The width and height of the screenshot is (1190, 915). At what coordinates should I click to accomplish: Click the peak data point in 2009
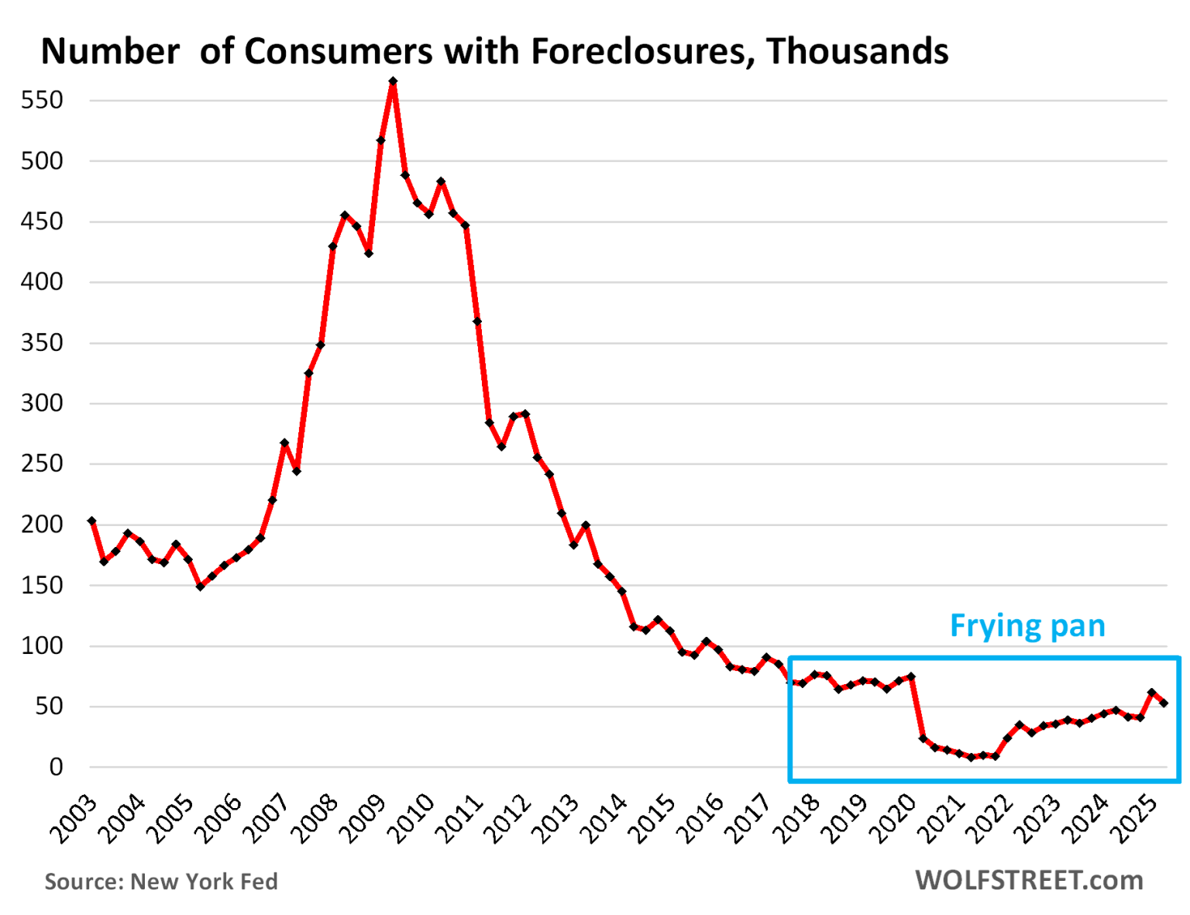coord(393,81)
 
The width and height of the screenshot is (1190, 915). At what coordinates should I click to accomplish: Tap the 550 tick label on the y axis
coord(42,100)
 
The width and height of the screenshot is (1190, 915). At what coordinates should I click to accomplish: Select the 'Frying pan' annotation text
coord(1027,626)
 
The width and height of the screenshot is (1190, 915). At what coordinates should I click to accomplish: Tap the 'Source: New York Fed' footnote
coord(161,882)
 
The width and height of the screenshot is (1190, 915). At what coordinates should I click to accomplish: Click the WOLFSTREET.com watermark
coord(1029,880)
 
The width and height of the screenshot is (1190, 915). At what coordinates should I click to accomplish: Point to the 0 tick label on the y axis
coord(56,767)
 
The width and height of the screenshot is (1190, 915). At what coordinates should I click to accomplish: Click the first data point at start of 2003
coord(91,521)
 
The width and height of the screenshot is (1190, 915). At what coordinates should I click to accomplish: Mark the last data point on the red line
coord(1164,703)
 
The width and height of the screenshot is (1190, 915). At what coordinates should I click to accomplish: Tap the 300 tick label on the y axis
coord(42,403)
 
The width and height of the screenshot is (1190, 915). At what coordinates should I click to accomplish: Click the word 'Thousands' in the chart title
coord(858,52)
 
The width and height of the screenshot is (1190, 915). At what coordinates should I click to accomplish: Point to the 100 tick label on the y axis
coord(42,645)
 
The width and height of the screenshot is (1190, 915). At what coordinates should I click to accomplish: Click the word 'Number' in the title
coord(110,52)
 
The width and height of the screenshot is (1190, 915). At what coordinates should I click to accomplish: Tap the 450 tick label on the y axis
coord(42,222)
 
